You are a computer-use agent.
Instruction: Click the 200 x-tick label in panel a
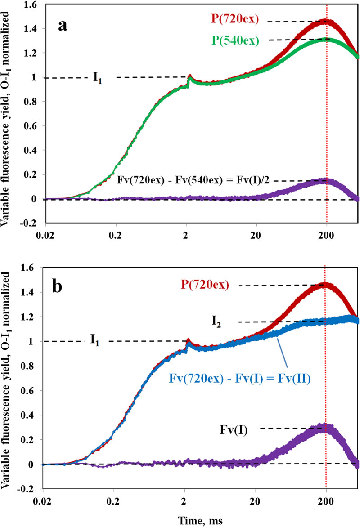click(x=326, y=237)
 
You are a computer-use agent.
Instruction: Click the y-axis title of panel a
click(x=10, y=112)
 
